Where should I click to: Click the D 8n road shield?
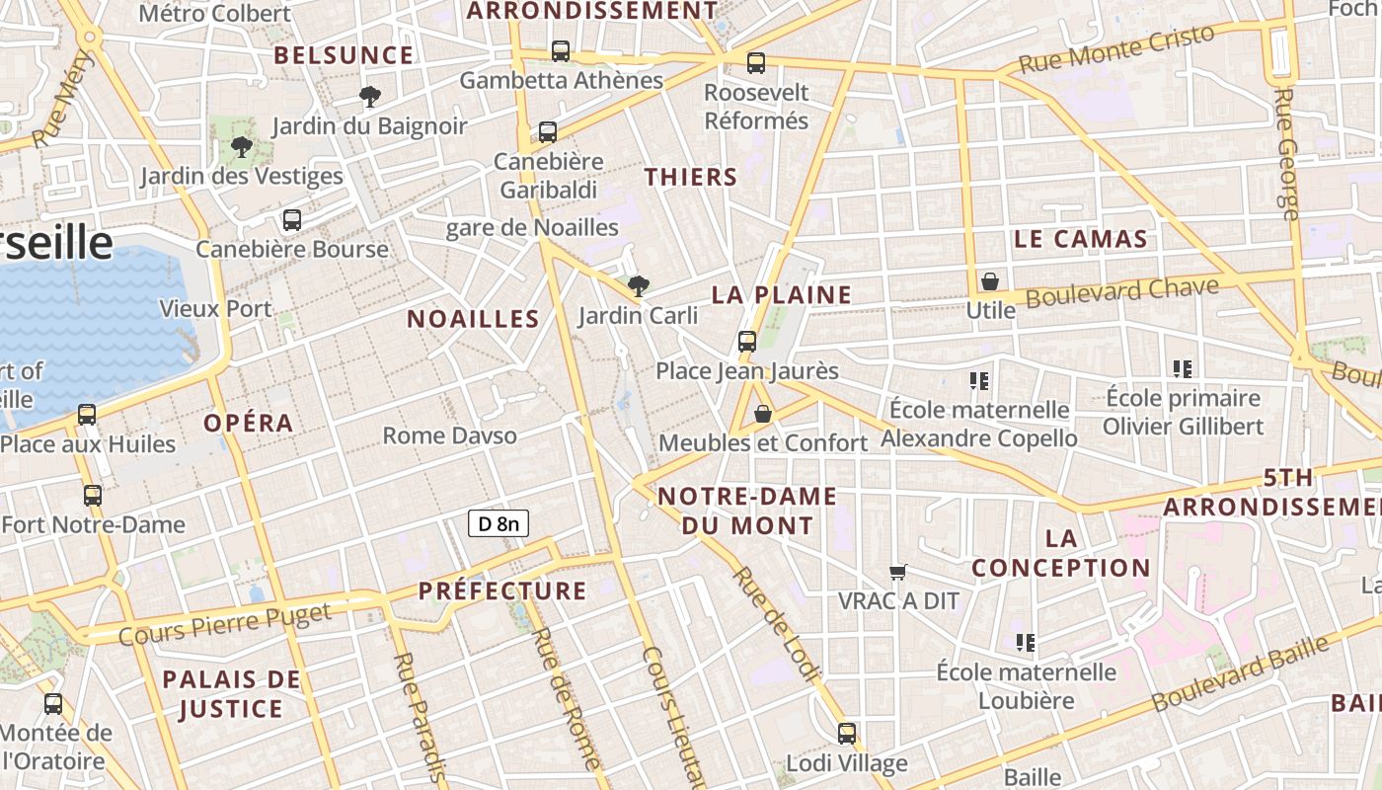pyautogui.click(x=499, y=523)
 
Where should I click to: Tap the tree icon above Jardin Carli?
pyautogui.click(x=639, y=286)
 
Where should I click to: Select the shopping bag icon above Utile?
pyautogui.click(x=990, y=281)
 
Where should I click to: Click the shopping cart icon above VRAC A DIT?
pyautogui.click(x=898, y=572)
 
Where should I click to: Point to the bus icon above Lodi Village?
pyautogui.click(x=847, y=733)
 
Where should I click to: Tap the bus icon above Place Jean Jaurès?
pyautogui.click(x=747, y=342)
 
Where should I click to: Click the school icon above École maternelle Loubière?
pyautogui.click(x=1026, y=643)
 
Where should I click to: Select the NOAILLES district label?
pyautogui.click(x=473, y=319)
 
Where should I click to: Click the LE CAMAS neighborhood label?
pyautogui.click(x=1081, y=239)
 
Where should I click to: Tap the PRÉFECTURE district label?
pyautogui.click(x=502, y=592)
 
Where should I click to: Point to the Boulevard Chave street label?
pyautogui.click(x=1122, y=291)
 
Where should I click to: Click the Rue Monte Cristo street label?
pyautogui.click(x=1116, y=49)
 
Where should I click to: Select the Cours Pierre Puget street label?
pyautogui.click(x=225, y=624)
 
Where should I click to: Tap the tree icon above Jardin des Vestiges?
pyautogui.click(x=241, y=147)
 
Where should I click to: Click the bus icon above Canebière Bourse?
pyautogui.click(x=292, y=220)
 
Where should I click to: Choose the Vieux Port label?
pyautogui.click(x=215, y=309)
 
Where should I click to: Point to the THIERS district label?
pyautogui.click(x=691, y=178)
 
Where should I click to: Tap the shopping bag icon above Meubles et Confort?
pyautogui.click(x=763, y=414)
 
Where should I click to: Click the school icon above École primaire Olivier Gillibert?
pyautogui.click(x=1183, y=369)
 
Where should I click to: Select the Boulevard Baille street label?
pyautogui.click(x=1241, y=673)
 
